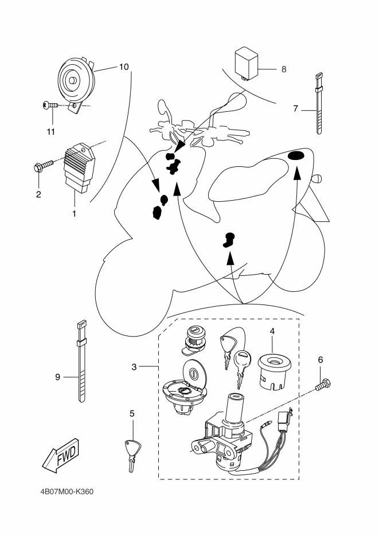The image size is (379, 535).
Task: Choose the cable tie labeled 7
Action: pos(319,103)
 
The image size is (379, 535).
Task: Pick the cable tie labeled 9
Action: pos(81,361)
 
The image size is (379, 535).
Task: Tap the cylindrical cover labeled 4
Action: pos(274,372)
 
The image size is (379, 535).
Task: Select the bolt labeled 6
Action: pos(323,385)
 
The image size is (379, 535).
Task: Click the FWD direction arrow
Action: pos(61,455)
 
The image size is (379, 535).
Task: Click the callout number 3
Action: pos(134,367)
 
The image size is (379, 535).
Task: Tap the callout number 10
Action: pos(124,67)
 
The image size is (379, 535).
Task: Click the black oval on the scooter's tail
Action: pos(296,156)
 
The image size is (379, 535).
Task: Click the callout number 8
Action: pos(284,69)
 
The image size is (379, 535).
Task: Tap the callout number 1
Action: pos(75,214)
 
